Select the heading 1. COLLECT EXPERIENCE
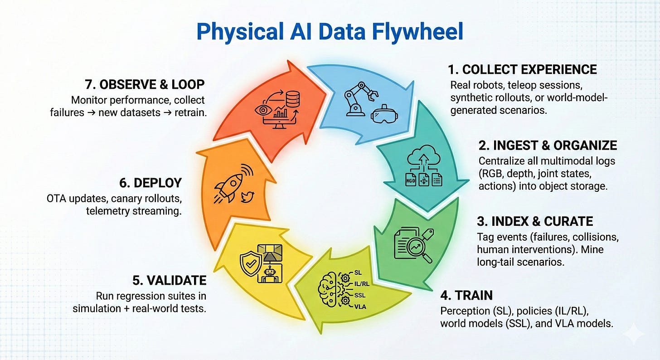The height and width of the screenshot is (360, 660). point(522,69)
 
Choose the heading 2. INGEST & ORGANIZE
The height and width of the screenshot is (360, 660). point(548,145)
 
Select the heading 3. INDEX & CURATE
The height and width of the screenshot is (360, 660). point(535,221)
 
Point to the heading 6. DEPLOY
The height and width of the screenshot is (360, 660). point(151,183)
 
